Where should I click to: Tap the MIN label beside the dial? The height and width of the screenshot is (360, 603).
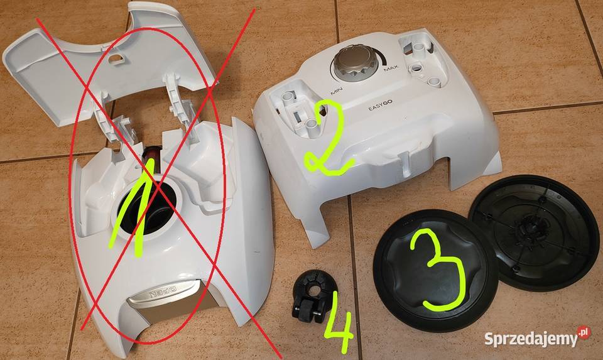pyautogui.click(x=335, y=89)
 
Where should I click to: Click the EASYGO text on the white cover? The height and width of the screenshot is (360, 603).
pyautogui.click(x=379, y=107)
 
